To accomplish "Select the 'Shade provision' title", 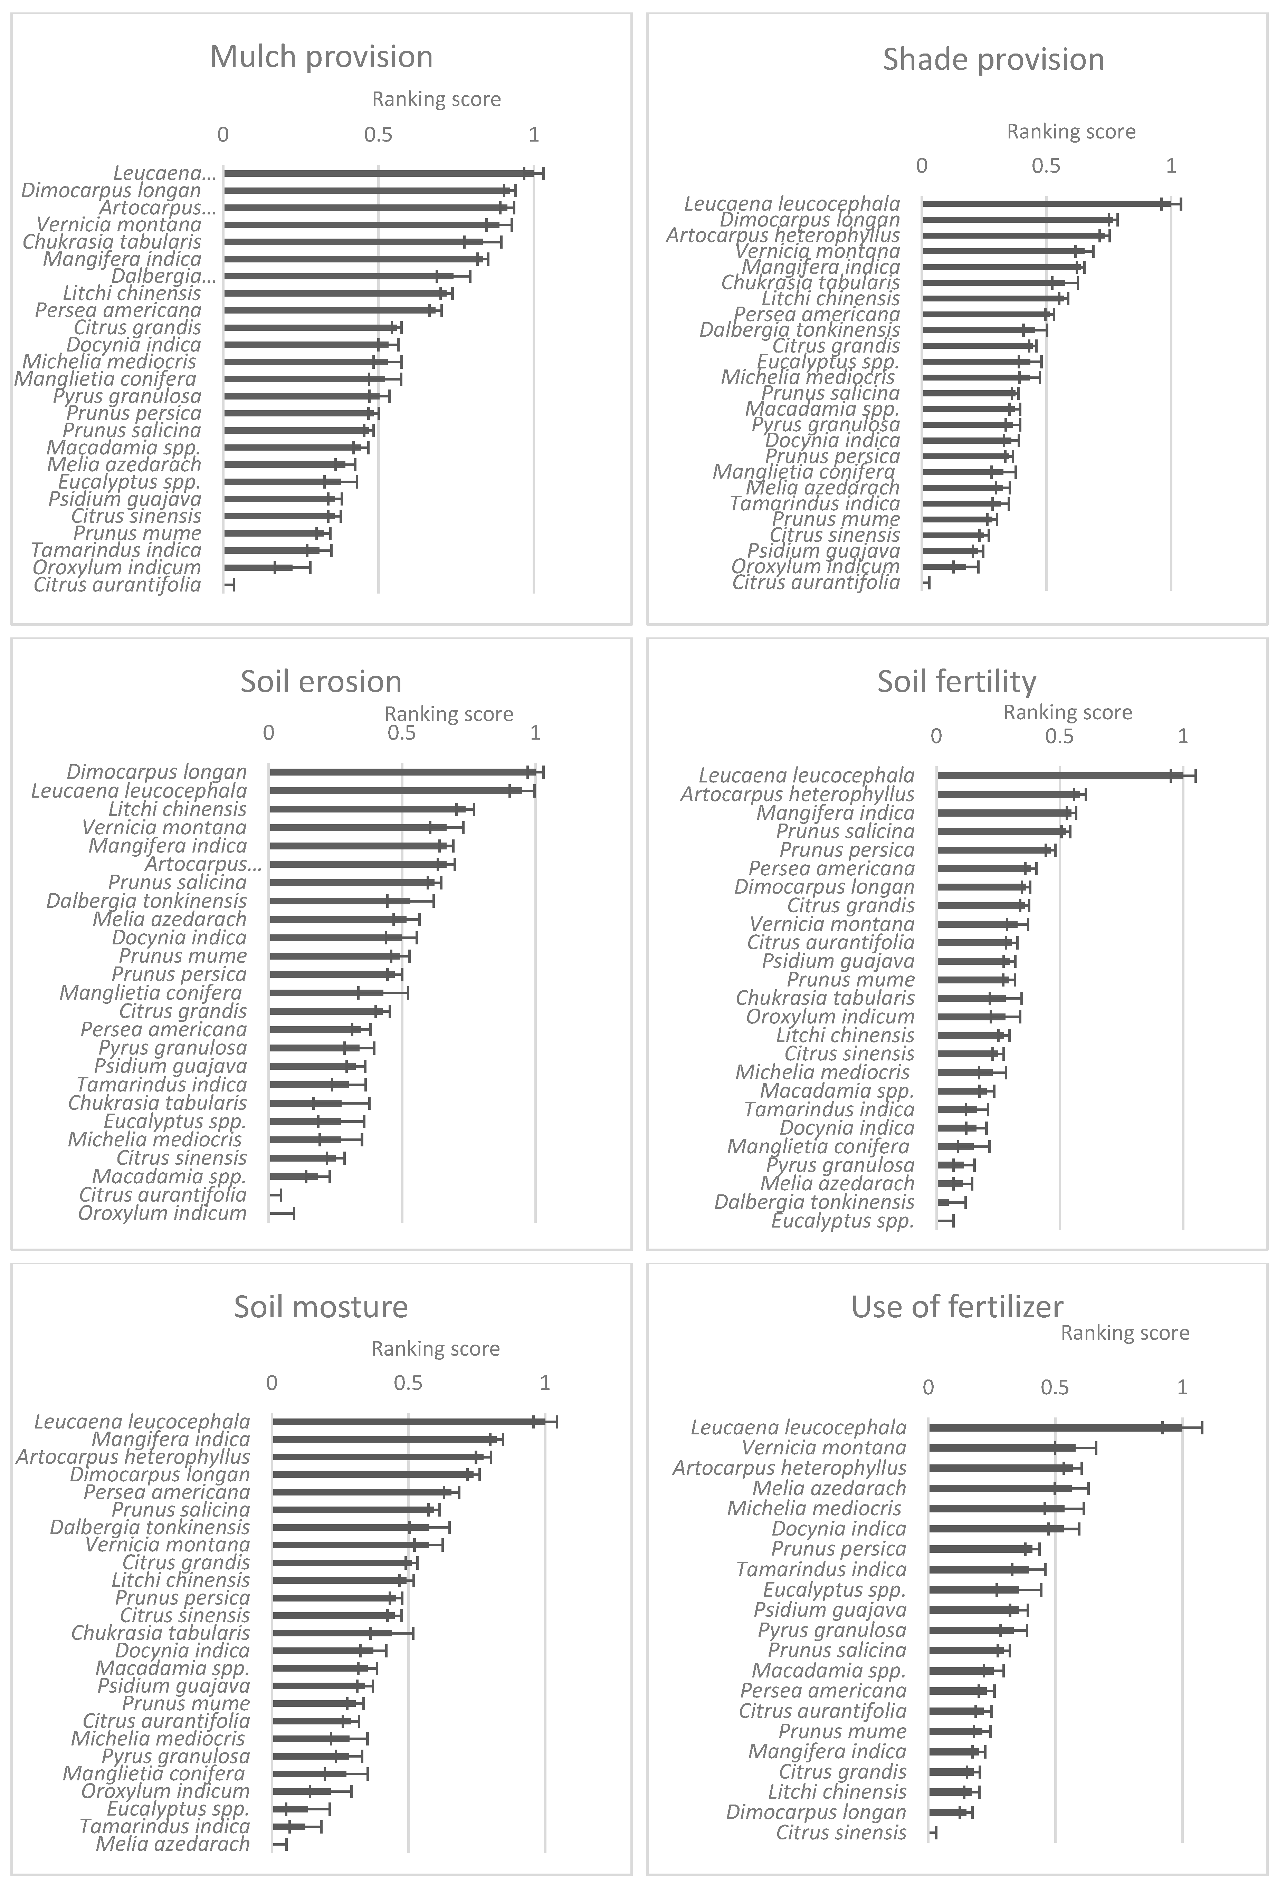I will (x=993, y=59).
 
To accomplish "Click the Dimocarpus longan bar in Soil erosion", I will (x=400, y=771).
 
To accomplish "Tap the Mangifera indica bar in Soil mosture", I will (x=383, y=1439).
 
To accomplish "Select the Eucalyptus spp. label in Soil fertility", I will (x=842, y=1221).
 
